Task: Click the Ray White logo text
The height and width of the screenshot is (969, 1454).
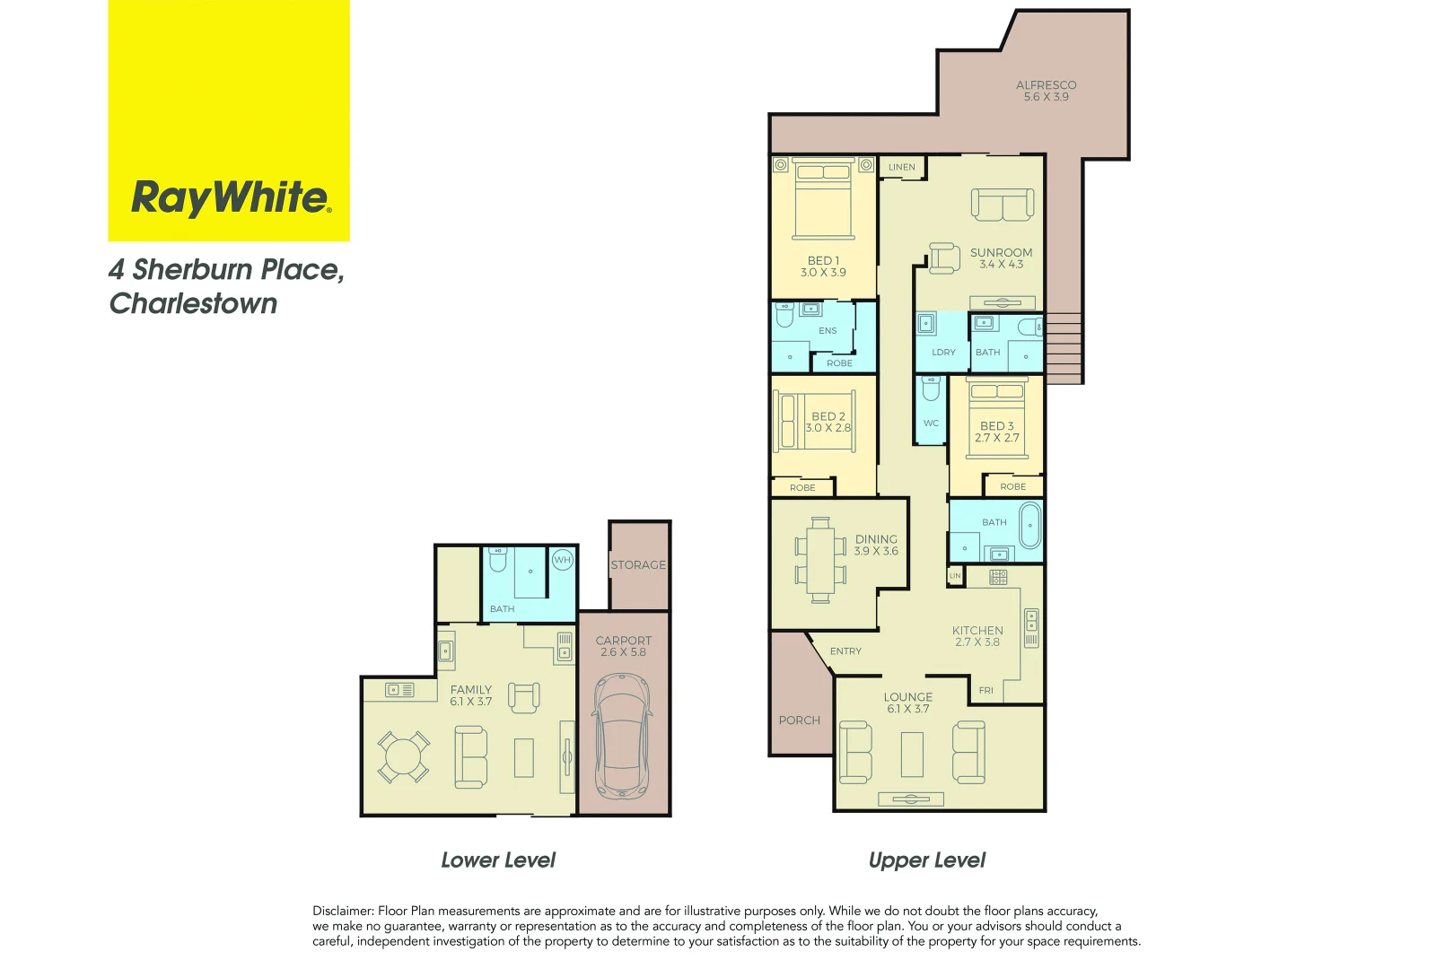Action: coord(231,197)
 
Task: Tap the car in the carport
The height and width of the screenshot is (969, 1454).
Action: coord(620,735)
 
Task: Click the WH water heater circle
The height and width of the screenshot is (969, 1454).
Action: coord(562,560)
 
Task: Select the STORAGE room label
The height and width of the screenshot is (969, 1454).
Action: coord(638,565)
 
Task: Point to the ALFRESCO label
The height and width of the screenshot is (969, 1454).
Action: coord(1046,85)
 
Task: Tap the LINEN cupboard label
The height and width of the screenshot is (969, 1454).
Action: coord(902,167)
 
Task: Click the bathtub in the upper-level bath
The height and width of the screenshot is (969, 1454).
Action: coord(1029,525)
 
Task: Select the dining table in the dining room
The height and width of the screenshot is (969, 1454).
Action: coord(820,559)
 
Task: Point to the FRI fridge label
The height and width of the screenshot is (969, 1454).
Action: coord(985,690)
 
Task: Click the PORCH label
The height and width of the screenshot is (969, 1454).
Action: coord(799,720)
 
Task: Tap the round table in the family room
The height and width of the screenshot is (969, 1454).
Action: coord(403,757)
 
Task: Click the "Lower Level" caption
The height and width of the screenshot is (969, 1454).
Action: coord(498,860)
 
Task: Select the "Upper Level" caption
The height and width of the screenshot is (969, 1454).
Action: coord(926,860)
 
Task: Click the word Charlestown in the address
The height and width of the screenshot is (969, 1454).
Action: coord(193,304)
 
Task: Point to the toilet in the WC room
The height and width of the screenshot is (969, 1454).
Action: coord(931,388)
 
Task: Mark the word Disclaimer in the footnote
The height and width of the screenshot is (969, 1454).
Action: coord(342,911)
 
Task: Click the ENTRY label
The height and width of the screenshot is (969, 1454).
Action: coord(845,651)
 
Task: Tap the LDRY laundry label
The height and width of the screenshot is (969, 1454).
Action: coord(943,353)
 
